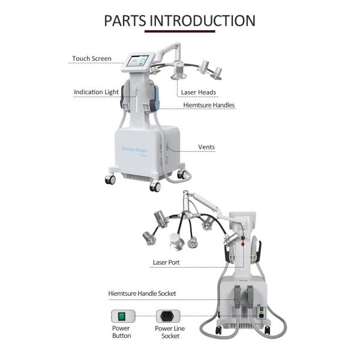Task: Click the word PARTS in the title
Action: (125, 20)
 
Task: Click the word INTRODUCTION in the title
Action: (203, 20)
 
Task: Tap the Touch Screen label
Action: (92, 59)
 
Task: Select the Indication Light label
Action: (96, 92)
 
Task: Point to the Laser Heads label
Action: (199, 92)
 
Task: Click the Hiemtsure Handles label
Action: (209, 105)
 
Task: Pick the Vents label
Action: (206, 147)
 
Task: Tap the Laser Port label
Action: (166, 262)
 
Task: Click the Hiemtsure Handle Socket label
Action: (142, 293)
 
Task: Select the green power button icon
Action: (121, 316)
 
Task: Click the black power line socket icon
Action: (168, 316)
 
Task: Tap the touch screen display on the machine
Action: (137, 62)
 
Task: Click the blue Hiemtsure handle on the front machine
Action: (156, 98)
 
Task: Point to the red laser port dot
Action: (243, 244)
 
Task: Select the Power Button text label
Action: (121, 332)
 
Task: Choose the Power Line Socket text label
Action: (170, 332)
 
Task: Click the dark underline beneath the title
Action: (180, 31)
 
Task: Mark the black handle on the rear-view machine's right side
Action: (259, 251)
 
